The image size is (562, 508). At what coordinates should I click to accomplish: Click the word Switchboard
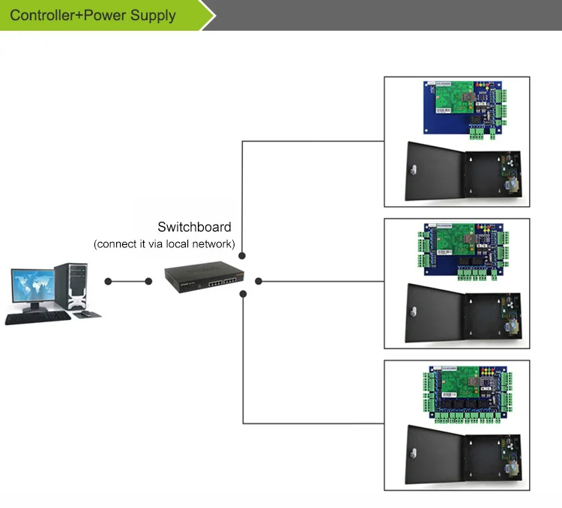pyautogui.click(x=194, y=227)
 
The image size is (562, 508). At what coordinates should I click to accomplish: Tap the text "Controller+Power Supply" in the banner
pyautogui.click(x=93, y=16)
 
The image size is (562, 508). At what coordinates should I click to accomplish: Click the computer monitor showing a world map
pyautogui.click(x=33, y=287)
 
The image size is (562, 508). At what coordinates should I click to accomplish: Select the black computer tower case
pyautogui.click(x=71, y=286)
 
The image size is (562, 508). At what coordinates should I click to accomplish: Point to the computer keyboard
pyautogui.click(x=38, y=318)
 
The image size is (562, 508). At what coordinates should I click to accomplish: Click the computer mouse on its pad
pyautogui.click(x=85, y=313)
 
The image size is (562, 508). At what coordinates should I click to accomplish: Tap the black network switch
pyautogui.click(x=205, y=277)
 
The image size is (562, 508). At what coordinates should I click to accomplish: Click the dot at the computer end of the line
pyautogui.click(x=108, y=282)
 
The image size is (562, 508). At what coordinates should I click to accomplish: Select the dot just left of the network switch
pyautogui.click(x=148, y=282)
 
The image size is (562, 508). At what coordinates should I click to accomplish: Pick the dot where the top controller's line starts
pyautogui.click(x=242, y=255)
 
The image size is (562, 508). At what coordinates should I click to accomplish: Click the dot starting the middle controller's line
pyautogui.click(x=259, y=282)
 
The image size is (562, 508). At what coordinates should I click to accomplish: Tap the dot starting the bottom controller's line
pyautogui.click(x=243, y=294)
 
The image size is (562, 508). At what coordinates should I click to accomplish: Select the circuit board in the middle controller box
pyautogui.click(x=463, y=251)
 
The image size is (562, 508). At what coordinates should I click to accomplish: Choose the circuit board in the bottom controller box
pyautogui.click(x=468, y=393)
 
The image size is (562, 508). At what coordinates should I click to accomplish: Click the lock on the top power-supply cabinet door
pyautogui.click(x=414, y=169)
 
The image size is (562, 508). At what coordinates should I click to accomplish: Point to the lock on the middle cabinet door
pyautogui.click(x=414, y=311)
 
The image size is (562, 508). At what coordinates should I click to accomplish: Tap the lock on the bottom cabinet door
pyautogui.click(x=414, y=453)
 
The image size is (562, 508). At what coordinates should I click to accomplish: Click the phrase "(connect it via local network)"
pyautogui.click(x=164, y=244)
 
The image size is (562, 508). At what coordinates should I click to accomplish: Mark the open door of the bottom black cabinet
pyautogui.click(x=435, y=455)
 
